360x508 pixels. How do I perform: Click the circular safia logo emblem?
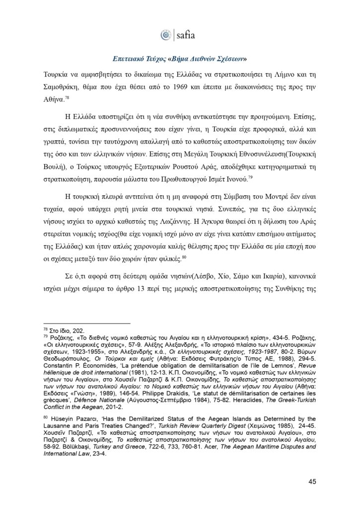point(165,35)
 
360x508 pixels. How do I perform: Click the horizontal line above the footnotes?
point(86,322)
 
